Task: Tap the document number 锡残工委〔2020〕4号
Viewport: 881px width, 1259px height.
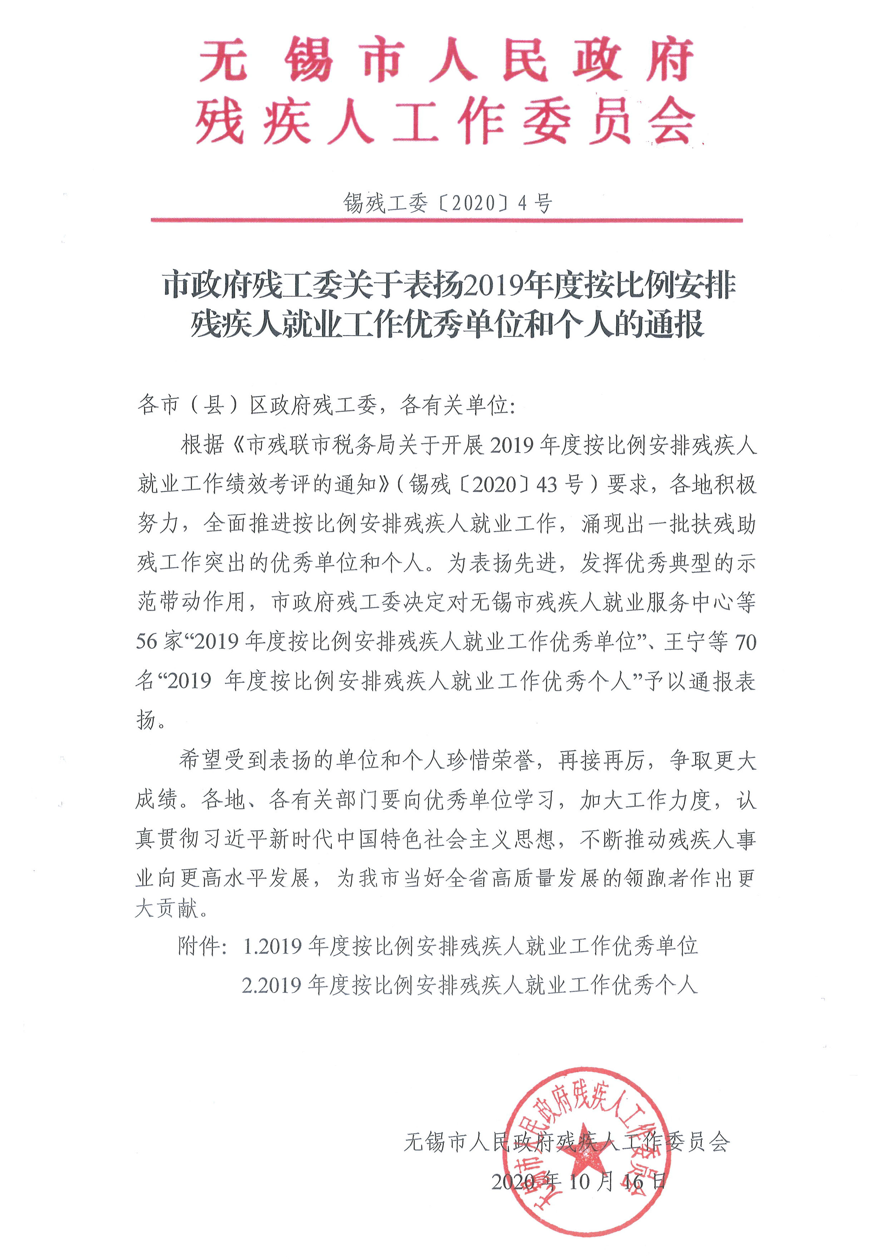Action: point(447,203)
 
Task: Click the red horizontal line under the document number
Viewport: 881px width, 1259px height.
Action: point(447,220)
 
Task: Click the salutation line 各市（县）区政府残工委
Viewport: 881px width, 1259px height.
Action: point(326,405)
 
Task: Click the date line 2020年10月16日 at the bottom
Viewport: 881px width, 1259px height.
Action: point(579,1181)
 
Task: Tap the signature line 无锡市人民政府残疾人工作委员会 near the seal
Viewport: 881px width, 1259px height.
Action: point(567,1142)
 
